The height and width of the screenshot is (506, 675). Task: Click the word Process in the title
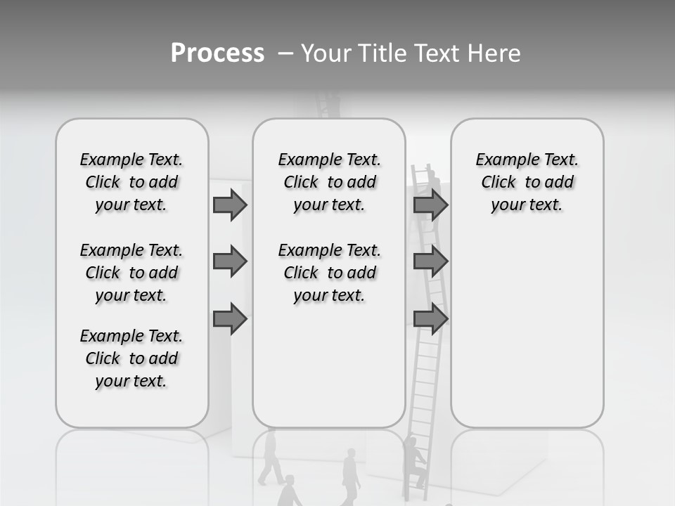pyautogui.click(x=217, y=53)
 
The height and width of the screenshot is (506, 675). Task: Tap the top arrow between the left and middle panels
pyautogui.click(x=230, y=205)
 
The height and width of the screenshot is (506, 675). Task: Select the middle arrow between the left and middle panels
pyautogui.click(x=230, y=261)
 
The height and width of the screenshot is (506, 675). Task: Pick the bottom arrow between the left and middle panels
pyautogui.click(x=230, y=319)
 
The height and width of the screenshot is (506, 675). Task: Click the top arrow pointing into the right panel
pyautogui.click(x=430, y=205)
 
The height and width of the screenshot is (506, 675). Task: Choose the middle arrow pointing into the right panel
pyautogui.click(x=430, y=261)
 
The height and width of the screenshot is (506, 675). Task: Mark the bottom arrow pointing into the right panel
pyautogui.click(x=430, y=319)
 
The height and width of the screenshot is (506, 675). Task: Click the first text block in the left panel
pyautogui.click(x=131, y=182)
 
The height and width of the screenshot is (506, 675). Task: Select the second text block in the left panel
pyautogui.click(x=131, y=273)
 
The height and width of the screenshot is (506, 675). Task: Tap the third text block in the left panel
pyautogui.click(x=131, y=358)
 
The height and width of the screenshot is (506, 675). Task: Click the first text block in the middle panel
pyautogui.click(x=329, y=182)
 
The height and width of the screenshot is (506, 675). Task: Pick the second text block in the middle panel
pyautogui.click(x=329, y=273)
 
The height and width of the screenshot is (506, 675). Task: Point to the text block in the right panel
pyautogui.click(x=527, y=182)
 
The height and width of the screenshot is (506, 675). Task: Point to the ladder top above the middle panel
pyautogui.click(x=328, y=105)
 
